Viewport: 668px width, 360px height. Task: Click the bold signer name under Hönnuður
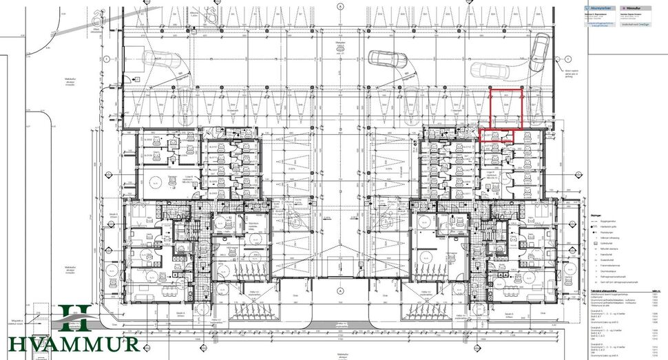click(634, 12)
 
